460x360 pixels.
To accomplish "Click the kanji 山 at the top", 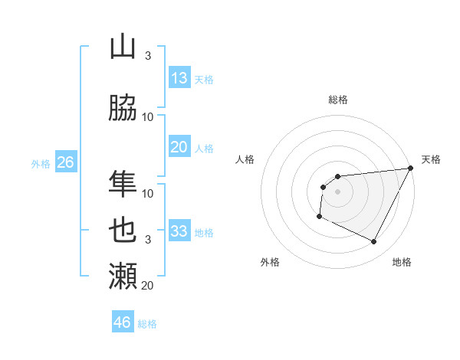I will pyautogui.click(x=123, y=47).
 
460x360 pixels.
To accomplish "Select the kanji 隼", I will pyautogui.click(x=123, y=184).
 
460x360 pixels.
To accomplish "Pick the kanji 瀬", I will pyautogui.click(x=123, y=275).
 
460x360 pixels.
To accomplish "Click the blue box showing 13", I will pyautogui.click(x=179, y=78).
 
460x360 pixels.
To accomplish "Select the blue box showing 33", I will pyautogui.click(x=179, y=231).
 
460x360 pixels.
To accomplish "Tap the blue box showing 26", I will pyautogui.click(x=65, y=162).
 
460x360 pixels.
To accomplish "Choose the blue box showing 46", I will pyautogui.click(x=123, y=322).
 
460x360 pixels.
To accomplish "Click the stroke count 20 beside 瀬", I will pyautogui.click(x=148, y=286).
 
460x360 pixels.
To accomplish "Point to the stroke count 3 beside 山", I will pyautogui.click(x=148, y=56).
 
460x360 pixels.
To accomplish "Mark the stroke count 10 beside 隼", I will pyautogui.click(x=148, y=194).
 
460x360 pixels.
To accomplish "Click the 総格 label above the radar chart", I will pyautogui.click(x=338, y=100).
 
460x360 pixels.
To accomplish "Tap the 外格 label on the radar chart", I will pyautogui.click(x=270, y=262).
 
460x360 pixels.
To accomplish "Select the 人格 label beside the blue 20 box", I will pyautogui.click(x=204, y=149).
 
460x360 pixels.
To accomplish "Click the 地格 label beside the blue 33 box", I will pyautogui.click(x=204, y=232).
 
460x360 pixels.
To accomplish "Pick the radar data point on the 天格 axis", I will pyautogui.click(x=410, y=168).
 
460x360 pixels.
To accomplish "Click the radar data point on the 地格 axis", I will pyautogui.click(x=373, y=242).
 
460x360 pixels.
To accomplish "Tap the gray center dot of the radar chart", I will pyautogui.click(x=337, y=191).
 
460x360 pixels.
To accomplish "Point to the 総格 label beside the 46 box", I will pyautogui.click(x=147, y=324).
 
